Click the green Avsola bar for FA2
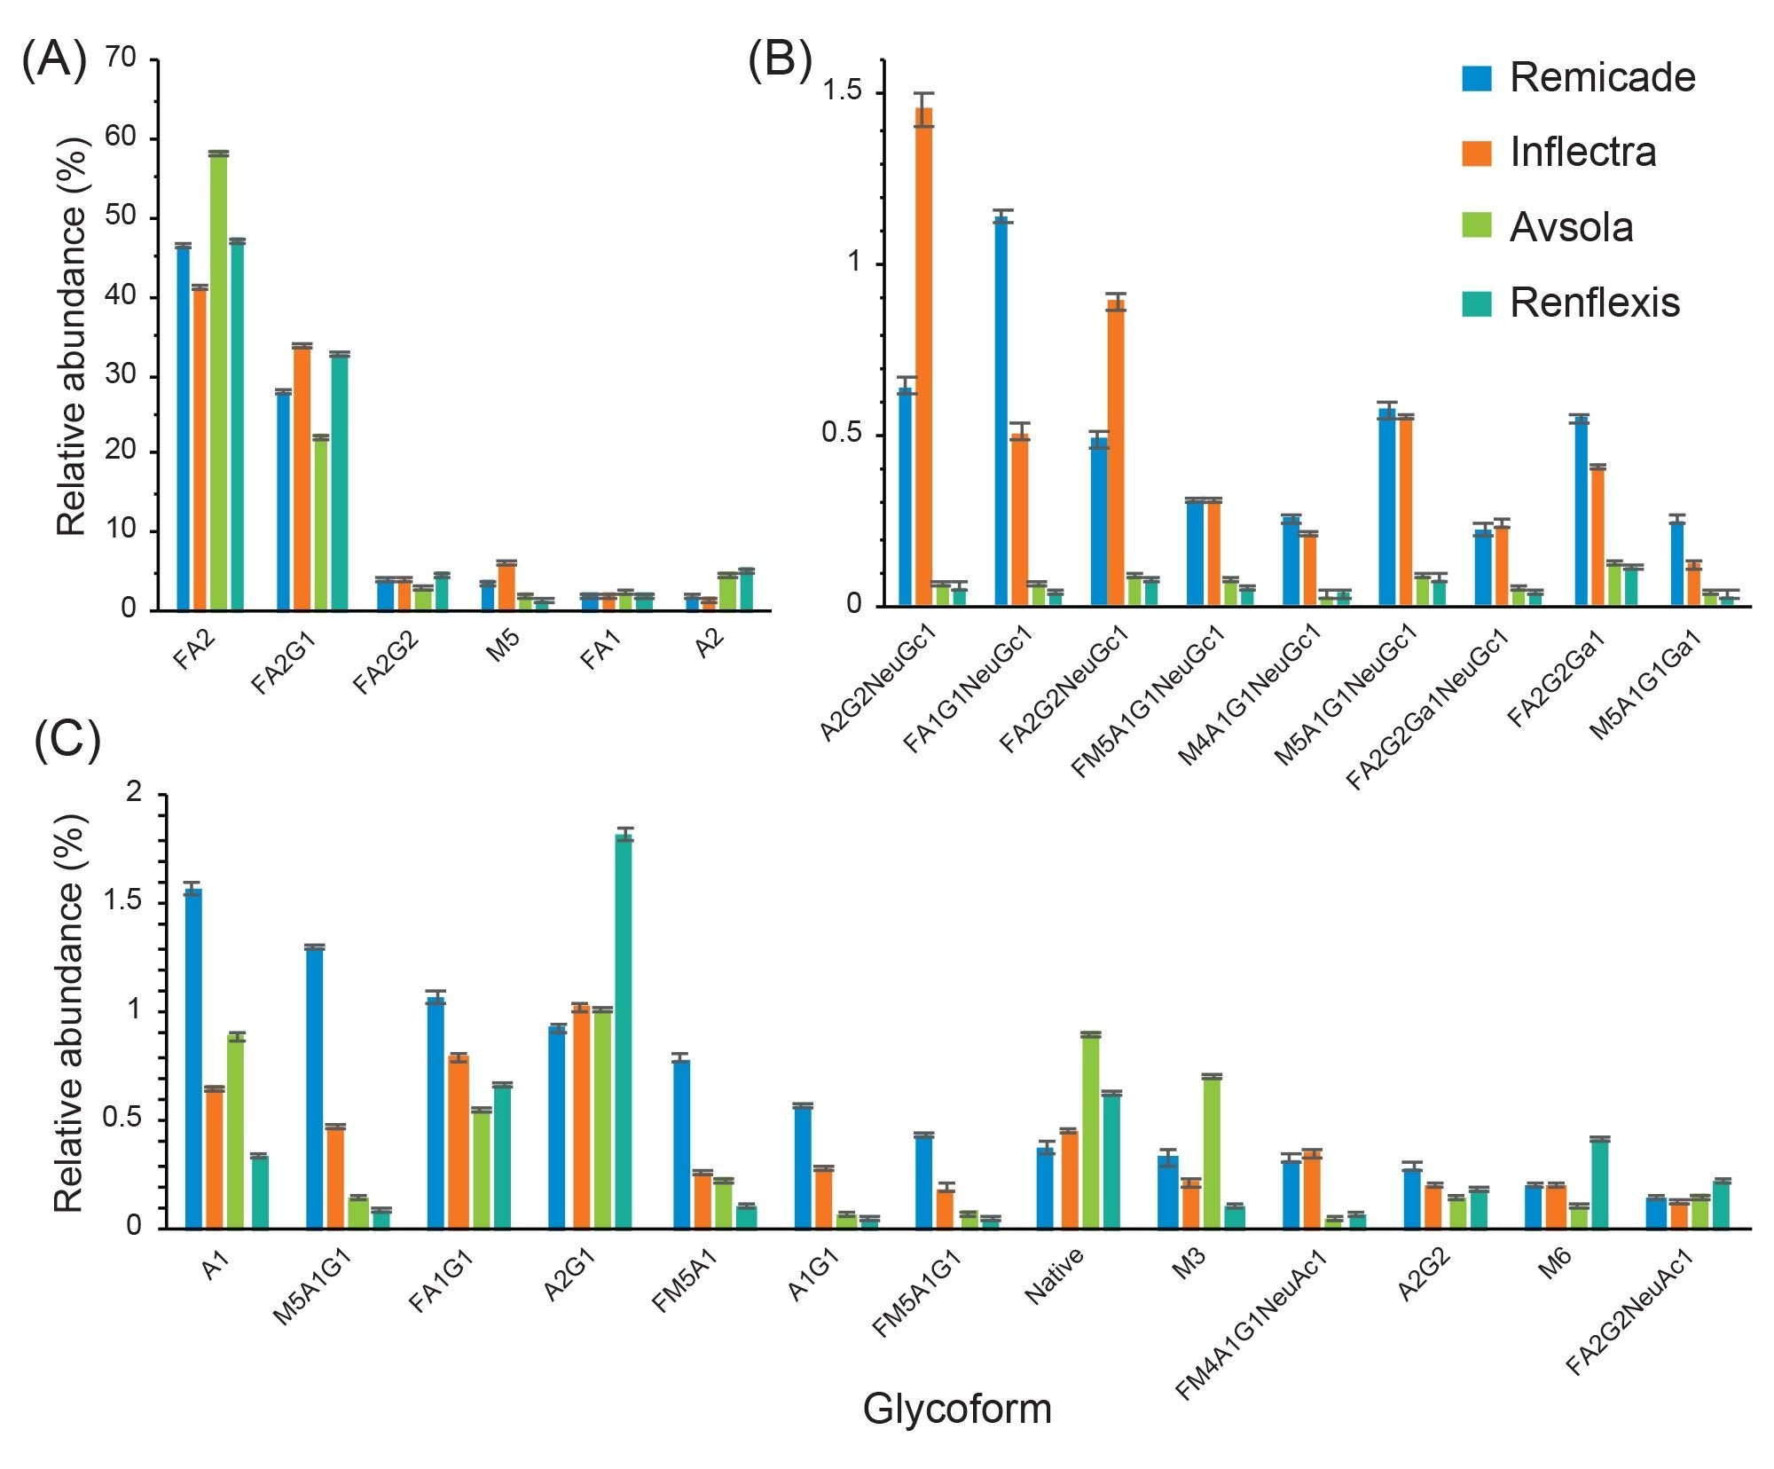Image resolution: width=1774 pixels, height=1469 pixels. tap(218, 381)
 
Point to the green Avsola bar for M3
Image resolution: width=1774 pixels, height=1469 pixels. tap(1212, 1152)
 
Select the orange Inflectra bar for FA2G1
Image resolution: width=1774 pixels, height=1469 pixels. tap(302, 478)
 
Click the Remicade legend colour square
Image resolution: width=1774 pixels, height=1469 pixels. tap(1476, 78)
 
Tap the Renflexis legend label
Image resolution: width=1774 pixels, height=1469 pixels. tap(1594, 303)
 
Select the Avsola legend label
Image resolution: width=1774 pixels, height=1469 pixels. tap(1571, 228)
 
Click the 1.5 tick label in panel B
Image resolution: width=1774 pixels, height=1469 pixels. tap(841, 91)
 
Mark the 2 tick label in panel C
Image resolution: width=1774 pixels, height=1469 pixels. tap(134, 792)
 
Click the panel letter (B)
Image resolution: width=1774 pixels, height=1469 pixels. tap(780, 60)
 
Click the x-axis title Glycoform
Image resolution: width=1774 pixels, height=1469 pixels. tap(957, 1409)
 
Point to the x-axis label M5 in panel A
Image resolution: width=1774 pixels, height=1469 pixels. tap(503, 647)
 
